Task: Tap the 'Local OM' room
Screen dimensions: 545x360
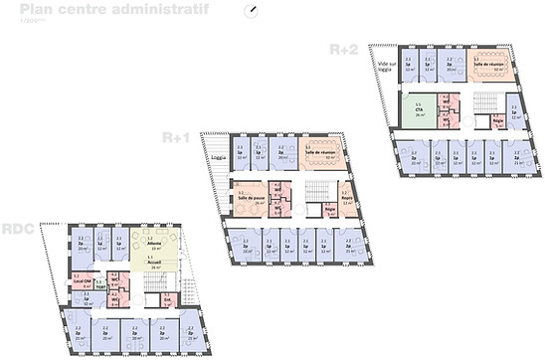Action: click(81, 280)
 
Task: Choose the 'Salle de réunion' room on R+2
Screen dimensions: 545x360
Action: click(489, 64)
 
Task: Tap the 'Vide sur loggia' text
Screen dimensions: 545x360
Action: click(385, 68)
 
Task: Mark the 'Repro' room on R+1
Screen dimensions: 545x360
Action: click(345, 196)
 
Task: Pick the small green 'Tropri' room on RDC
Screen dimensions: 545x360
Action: click(100, 285)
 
